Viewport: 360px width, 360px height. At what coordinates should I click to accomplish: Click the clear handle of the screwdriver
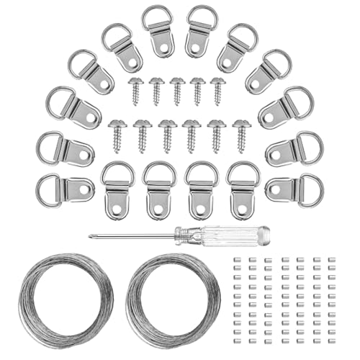[x=230, y=235]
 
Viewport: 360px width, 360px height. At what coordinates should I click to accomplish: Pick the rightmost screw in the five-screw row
[x=218, y=90]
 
